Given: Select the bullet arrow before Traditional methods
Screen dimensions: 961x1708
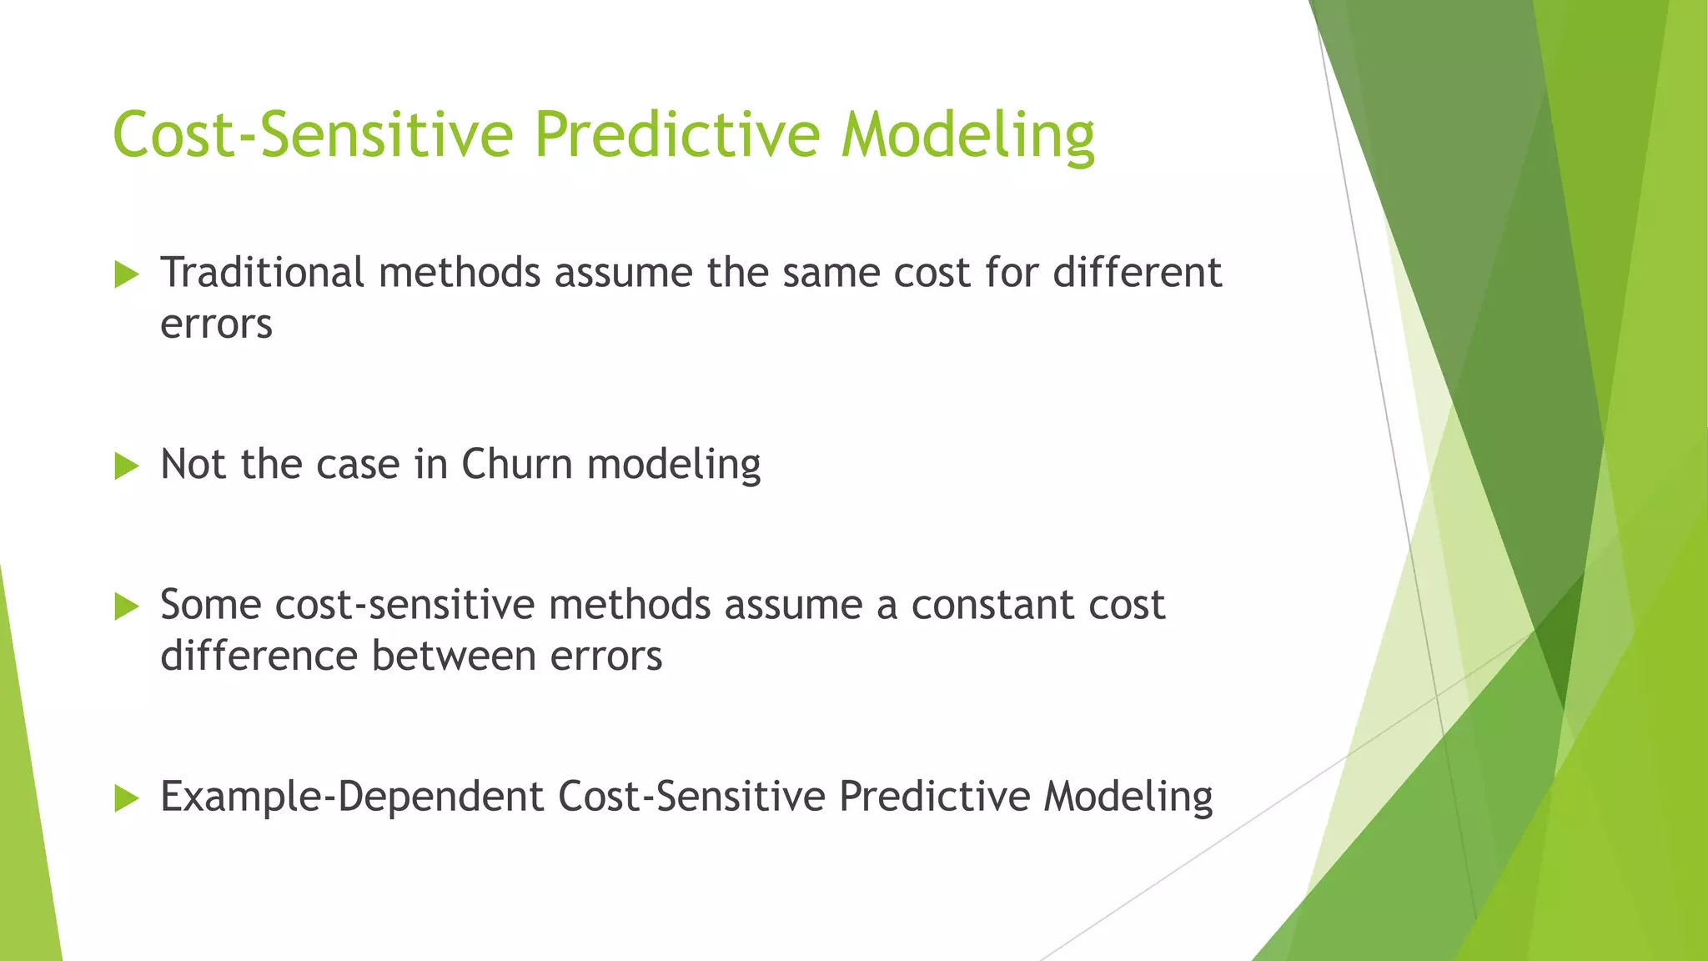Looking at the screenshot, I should (126, 274).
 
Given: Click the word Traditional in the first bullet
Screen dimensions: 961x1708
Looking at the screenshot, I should (262, 273).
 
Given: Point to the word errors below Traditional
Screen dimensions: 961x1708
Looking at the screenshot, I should (216, 325).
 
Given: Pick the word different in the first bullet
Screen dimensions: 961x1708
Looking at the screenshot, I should (1137, 273).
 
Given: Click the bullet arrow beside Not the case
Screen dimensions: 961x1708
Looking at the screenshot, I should (126, 465).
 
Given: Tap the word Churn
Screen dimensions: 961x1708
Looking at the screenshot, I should (516, 465).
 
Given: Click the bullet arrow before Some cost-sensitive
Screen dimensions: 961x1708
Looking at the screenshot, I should (126, 606).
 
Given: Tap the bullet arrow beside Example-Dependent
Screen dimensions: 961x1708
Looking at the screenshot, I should (126, 797).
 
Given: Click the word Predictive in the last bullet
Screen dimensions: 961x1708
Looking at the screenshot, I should (934, 796).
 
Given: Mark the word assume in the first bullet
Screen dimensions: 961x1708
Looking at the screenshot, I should (623, 273).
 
